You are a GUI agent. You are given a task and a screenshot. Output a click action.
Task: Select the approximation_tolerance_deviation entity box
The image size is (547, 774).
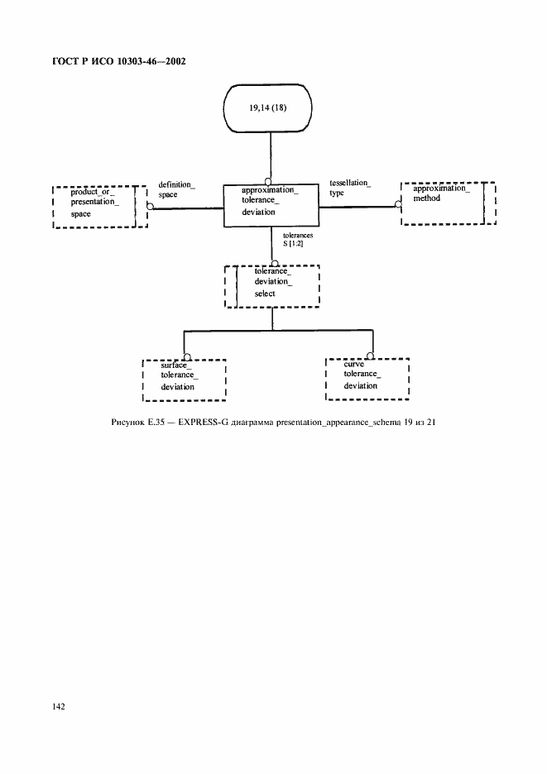pyautogui.click(x=271, y=206)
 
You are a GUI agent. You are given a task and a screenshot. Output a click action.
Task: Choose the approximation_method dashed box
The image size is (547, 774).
pyautogui.click(x=447, y=203)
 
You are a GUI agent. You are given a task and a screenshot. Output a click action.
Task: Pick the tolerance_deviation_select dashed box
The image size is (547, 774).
pyautogui.click(x=271, y=285)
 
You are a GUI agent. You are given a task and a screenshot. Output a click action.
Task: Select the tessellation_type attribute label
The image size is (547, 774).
pyautogui.click(x=349, y=187)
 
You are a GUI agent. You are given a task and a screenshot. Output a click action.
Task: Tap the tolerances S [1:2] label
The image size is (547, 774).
pyautogui.click(x=297, y=240)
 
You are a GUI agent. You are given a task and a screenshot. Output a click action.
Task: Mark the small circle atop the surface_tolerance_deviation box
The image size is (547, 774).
pyautogui.click(x=187, y=356)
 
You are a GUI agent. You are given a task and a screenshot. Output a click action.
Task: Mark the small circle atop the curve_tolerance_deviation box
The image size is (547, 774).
pyautogui.click(x=372, y=356)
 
